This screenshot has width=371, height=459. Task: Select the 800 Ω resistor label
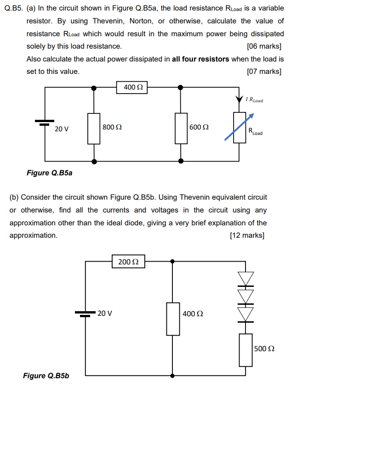point(112,127)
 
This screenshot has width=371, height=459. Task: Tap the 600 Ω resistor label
point(199,127)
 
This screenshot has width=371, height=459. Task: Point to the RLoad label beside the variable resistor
point(256,132)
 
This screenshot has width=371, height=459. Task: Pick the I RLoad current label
point(254,100)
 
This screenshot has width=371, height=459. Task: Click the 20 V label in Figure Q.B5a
point(62,129)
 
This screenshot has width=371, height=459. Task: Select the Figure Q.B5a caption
point(49,173)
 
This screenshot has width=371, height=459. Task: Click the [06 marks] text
point(264,46)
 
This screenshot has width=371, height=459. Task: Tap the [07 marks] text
point(264,72)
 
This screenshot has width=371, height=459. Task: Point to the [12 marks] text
point(247,235)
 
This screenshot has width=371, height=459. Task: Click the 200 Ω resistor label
point(128,262)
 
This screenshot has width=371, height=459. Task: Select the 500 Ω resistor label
point(264,348)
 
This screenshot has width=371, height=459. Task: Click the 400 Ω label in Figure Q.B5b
point(193,314)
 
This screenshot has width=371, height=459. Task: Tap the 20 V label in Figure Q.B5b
point(105,313)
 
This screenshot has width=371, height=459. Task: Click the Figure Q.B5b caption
point(46,376)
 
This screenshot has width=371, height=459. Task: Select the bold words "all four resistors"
point(200,59)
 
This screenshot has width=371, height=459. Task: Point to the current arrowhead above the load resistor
point(239,99)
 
